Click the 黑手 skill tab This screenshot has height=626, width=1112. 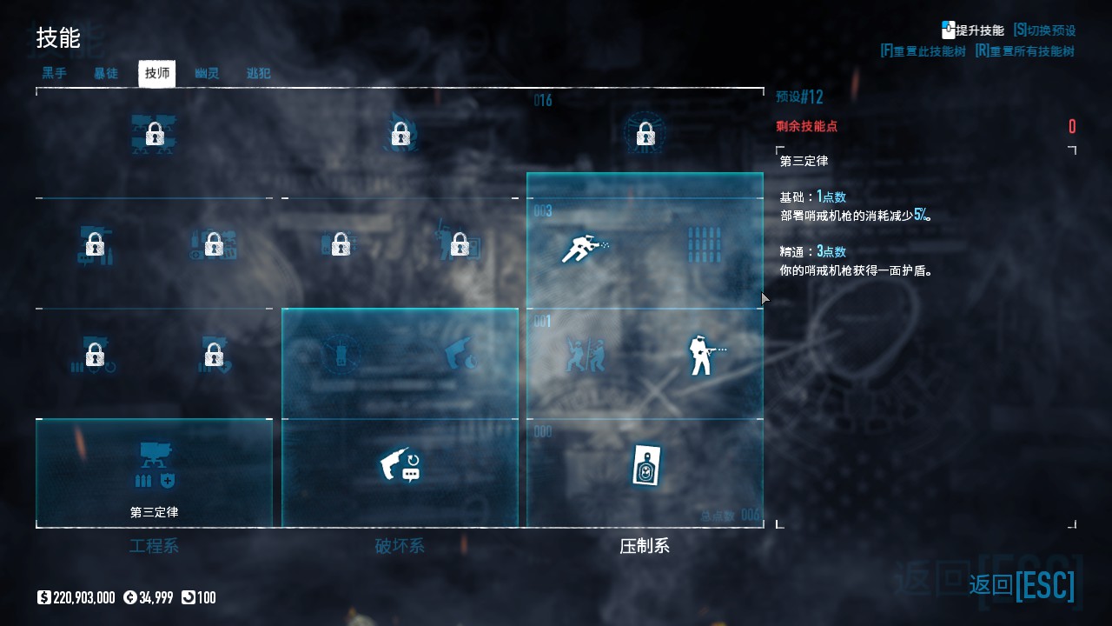pos(54,74)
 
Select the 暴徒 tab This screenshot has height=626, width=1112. pos(106,74)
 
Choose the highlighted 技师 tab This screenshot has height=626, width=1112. pos(157,74)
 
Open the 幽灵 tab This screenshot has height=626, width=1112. pos(207,74)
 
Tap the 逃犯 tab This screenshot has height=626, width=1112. pos(259,74)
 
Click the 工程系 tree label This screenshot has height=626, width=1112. pos(154,546)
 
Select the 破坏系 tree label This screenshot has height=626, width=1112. pos(400,546)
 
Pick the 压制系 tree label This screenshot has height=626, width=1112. pos(645,546)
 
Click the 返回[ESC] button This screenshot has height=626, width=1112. pos(1022,585)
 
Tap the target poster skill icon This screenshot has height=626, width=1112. pos(645,466)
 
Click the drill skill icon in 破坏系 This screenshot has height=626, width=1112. pos(400,465)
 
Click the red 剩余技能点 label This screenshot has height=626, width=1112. pos(807,126)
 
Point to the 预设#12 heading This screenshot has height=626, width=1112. pos(799,97)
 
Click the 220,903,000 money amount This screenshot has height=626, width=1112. pos(83,597)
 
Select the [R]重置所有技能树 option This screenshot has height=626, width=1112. pos(1024,51)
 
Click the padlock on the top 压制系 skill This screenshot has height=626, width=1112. pos(645,135)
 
